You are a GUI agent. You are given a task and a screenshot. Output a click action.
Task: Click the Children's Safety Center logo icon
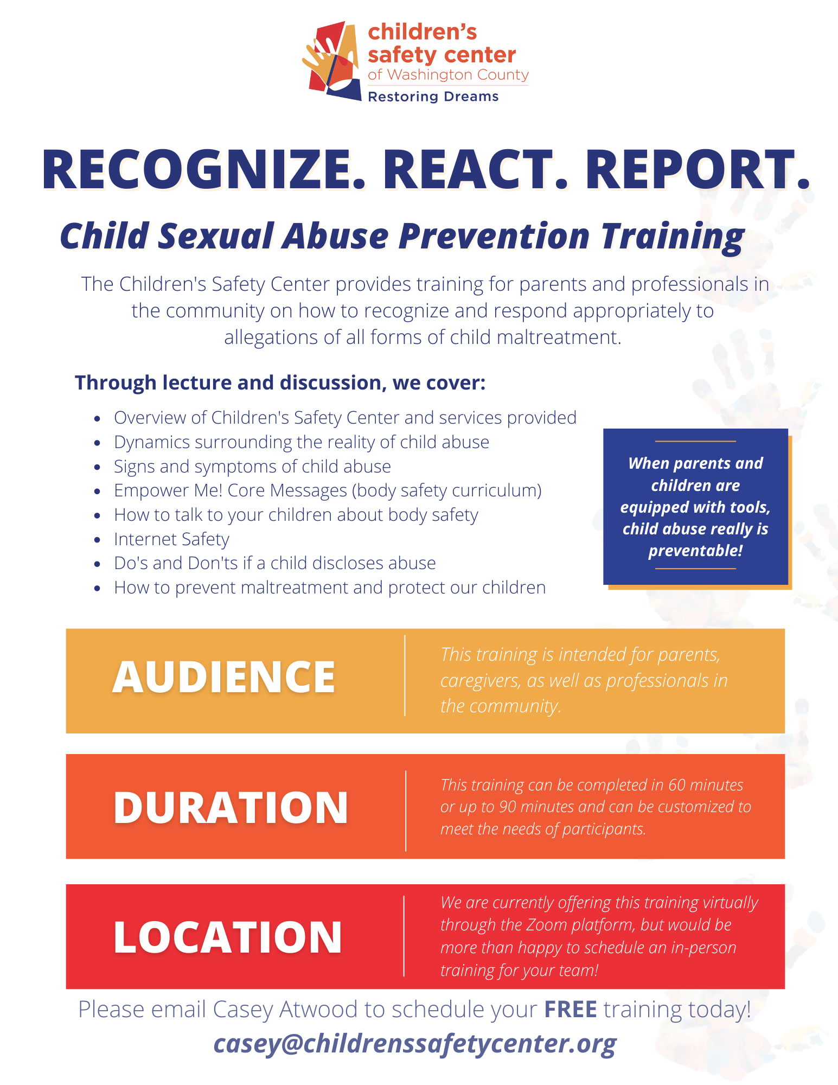(332, 61)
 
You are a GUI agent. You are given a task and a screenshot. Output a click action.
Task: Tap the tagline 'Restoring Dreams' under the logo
(433, 97)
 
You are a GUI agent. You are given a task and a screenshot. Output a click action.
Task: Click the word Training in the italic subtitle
(673, 237)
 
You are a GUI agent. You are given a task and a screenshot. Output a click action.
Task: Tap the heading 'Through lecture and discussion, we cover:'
(280, 382)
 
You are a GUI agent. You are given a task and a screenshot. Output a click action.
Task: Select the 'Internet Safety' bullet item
(171, 539)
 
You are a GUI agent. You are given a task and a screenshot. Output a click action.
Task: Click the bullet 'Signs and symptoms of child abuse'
(252, 467)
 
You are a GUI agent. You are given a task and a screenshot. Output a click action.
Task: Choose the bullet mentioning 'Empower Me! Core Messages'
(328, 490)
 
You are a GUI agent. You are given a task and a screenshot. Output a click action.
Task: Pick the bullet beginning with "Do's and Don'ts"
(274, 563)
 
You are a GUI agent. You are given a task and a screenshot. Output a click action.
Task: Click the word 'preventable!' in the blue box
(695, 551)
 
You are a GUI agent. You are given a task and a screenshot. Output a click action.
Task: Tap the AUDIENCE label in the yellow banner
(224, 677)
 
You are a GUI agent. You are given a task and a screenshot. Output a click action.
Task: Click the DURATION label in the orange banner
(231, 808)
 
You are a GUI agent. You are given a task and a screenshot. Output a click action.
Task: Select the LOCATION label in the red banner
(228, 937)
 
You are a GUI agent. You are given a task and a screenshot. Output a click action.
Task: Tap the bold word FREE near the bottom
(571, 1010)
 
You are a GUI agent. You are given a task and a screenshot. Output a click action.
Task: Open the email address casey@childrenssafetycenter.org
(415, 1044)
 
